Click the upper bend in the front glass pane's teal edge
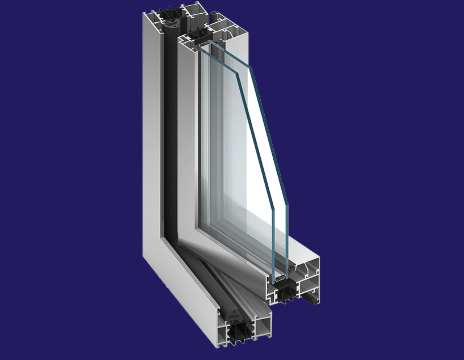(x=237, y=73)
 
